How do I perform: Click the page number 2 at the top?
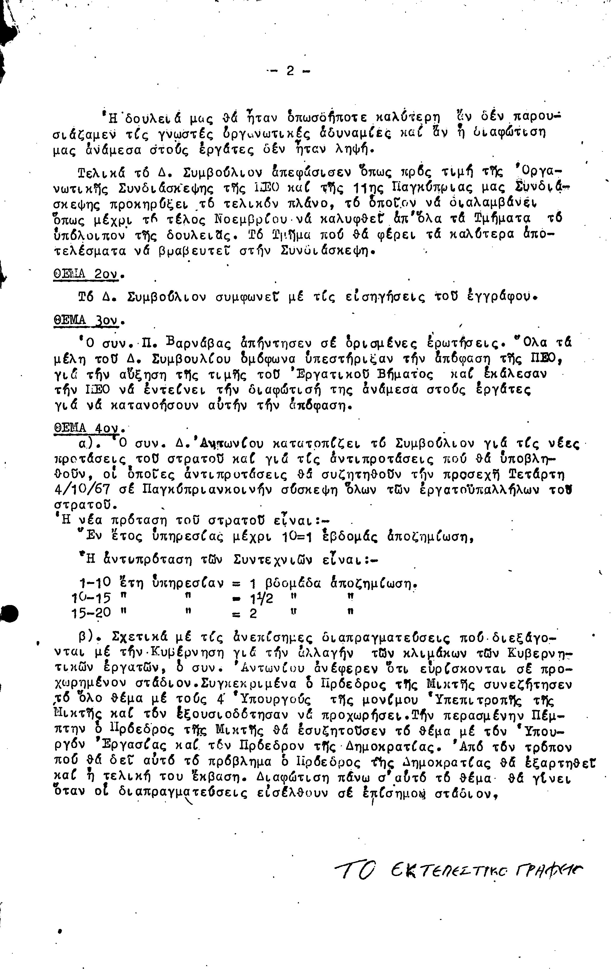290,71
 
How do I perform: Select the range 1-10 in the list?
95,582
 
